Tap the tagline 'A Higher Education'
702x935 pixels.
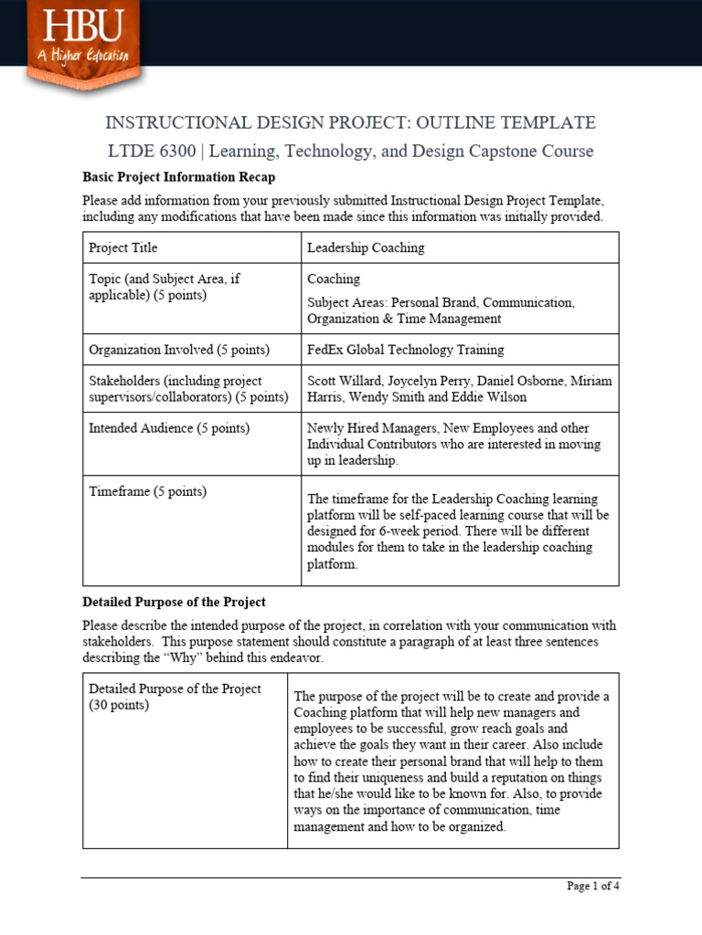pos(83,56)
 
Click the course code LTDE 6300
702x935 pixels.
pos(151,152)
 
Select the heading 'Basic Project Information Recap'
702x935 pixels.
pos(178,177)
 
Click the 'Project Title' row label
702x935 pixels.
pos(122,247)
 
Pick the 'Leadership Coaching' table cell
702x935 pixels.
pos(366,247)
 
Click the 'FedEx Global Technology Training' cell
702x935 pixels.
pos(405,350)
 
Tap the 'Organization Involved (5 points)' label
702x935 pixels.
pos(179,350)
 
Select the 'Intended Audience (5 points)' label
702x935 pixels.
pos(169,428)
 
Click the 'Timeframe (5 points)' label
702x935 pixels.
pos(147,491)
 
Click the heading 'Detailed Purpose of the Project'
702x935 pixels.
pos(174,602)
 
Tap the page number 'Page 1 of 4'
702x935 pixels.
pos(592,886)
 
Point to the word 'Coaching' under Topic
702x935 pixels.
pos(334,278)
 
